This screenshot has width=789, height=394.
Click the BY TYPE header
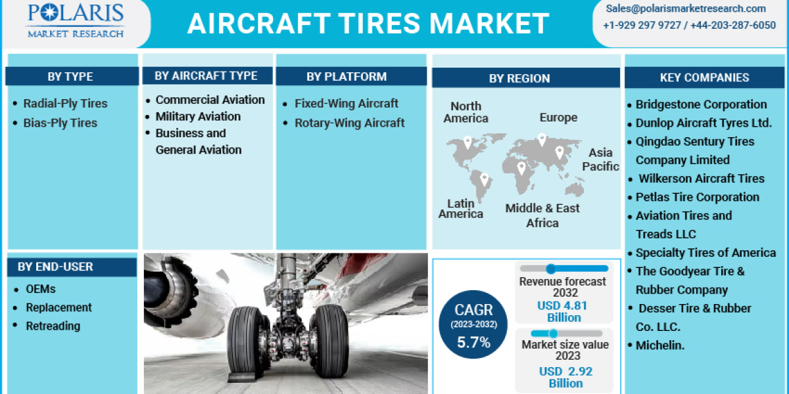(70, 77)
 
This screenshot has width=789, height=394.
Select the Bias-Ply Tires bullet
(60, 123)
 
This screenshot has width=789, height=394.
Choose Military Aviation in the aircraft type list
(198, 116)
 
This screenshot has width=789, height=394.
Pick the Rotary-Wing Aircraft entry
(349, 123)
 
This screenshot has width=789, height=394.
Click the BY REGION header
(519, 78)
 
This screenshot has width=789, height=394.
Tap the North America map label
(466, 112)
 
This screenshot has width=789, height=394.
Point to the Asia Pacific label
(600, 160)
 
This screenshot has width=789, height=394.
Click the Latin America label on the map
(461, 209)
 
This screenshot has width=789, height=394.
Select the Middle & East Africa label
(542, 215)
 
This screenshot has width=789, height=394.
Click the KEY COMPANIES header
(704, 77)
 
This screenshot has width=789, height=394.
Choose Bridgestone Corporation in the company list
(701, 104)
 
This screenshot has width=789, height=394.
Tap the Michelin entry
(659, 345)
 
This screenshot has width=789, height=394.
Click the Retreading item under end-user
(53, 326)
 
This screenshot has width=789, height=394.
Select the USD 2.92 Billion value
(565, 377)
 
